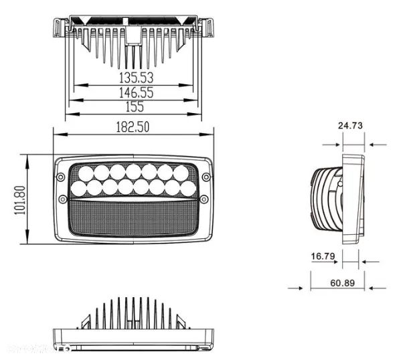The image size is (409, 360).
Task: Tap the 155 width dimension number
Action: point(133,107)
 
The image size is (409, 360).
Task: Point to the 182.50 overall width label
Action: point(133,127)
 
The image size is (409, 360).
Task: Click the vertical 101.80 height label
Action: point(18,199)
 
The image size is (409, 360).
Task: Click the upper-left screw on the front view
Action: point(61,177)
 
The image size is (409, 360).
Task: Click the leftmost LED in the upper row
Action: point(86,173)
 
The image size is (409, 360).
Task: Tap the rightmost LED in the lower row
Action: point(188,188)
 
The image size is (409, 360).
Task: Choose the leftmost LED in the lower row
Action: point(79,188)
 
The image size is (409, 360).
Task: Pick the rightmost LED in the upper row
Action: point(180,173)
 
